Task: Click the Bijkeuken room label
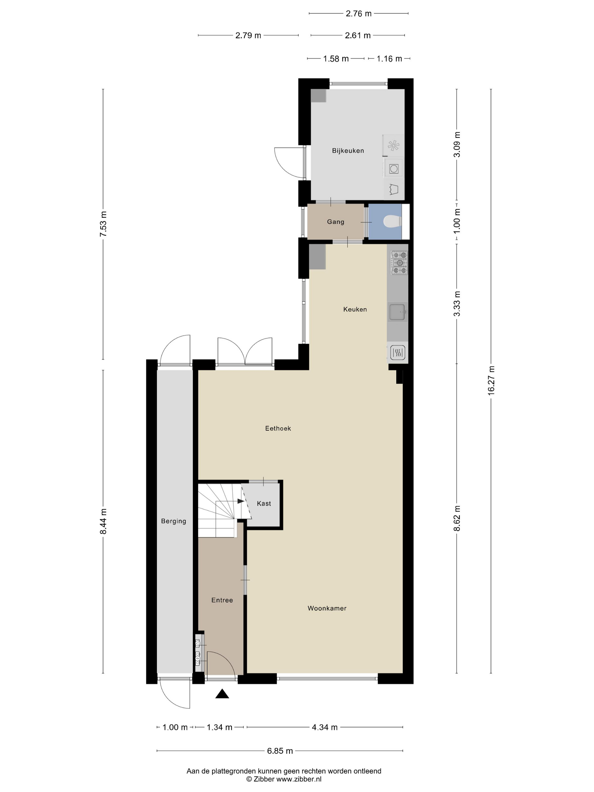click(348, 151)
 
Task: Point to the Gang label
click(335, 222)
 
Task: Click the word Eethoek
click(278, 428)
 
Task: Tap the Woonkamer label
click(327, 608)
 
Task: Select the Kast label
click(264, 503)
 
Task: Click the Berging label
click(174, 521)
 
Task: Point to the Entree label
click(222, 600)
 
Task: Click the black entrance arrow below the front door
click(222, 694)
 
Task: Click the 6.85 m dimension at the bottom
click(280, 751)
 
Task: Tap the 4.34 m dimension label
click(325, 727)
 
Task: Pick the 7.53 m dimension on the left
click(103, 224)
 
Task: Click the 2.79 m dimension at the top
click(248, 35)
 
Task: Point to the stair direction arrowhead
click(241, 501)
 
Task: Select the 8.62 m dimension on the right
click(457, 518)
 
